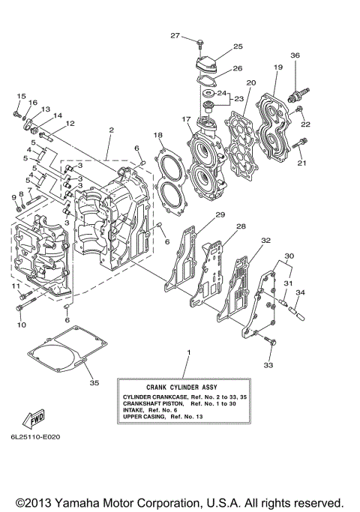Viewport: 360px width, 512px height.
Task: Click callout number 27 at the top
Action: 175,36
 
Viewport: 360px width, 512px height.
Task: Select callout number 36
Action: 295,55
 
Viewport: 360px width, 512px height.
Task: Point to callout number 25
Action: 238,46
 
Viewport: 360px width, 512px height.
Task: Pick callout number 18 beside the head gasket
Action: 158,135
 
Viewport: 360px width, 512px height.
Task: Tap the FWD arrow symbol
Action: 32,416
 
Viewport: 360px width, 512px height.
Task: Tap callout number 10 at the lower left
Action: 21,325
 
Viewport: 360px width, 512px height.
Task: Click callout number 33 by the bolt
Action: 268,365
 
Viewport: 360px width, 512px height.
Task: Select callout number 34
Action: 300,292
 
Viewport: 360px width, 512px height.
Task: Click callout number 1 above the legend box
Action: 188,352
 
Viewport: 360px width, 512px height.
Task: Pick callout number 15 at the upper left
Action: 21,96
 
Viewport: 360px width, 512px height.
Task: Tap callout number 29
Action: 220,215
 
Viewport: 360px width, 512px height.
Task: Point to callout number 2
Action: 110,130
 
